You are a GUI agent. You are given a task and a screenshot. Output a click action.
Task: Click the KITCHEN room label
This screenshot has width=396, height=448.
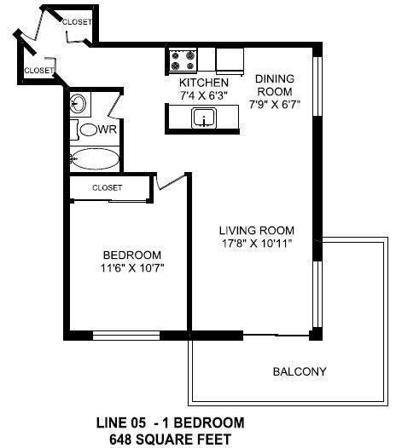(x=204, y=82)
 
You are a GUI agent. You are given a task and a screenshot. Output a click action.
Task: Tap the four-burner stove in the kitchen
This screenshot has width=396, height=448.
(x=183, y=59)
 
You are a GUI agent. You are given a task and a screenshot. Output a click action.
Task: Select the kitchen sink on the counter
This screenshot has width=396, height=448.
(x=205, y=119)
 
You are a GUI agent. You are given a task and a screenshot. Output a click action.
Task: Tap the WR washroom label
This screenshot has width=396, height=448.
(x=108, y=129)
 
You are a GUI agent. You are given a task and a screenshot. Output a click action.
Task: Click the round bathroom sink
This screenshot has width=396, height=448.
(x=78, y=104)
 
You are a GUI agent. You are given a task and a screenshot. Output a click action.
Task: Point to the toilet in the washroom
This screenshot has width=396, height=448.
(x=85, y=129)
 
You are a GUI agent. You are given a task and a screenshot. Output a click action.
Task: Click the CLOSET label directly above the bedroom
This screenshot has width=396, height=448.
(x=107, y=187)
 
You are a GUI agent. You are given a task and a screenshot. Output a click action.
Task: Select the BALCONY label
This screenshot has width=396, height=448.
(x=300, y=372)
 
